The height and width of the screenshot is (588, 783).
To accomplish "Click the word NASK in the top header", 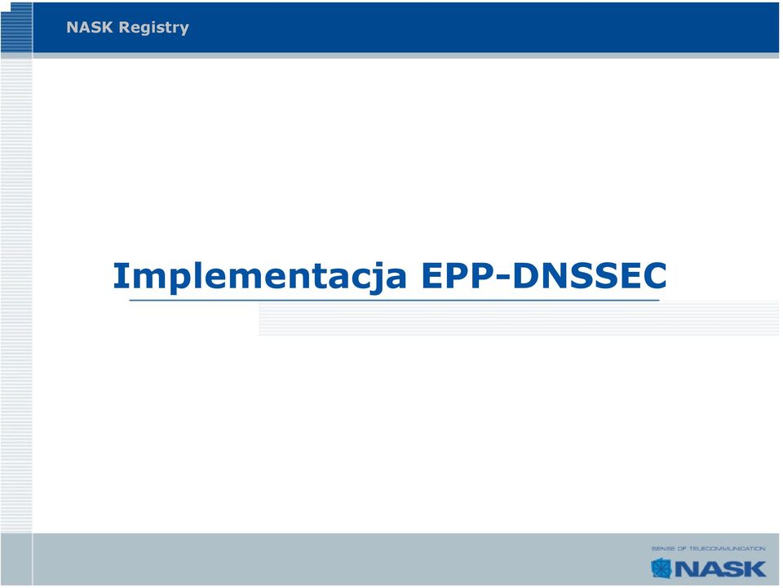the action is click(x=90, y=27).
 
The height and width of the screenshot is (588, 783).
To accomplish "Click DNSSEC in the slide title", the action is click(x=590, y=275).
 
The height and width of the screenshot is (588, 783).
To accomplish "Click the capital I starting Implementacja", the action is click(x=122, y=275).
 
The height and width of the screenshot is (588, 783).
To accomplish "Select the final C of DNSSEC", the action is click(x=654, y=275).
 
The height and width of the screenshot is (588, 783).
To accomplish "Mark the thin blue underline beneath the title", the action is click(x=395, y=301).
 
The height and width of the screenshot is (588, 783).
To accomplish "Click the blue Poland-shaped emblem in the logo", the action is click(x=661, y=568).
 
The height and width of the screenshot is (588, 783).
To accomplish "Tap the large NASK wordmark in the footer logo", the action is click(x=720, y=569).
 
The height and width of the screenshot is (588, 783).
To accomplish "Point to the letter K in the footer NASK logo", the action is click(x=754, y=569).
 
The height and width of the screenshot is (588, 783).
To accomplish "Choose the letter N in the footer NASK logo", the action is click(x=685, y=569).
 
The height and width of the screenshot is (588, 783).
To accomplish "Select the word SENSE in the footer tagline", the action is click(x=662, y=549).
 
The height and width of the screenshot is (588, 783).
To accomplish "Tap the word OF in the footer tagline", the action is click(x=682, y=549).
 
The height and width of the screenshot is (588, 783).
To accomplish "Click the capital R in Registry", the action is click(x=124, y=27).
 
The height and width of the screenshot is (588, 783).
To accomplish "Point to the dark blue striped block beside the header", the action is click(x=16, y=28).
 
